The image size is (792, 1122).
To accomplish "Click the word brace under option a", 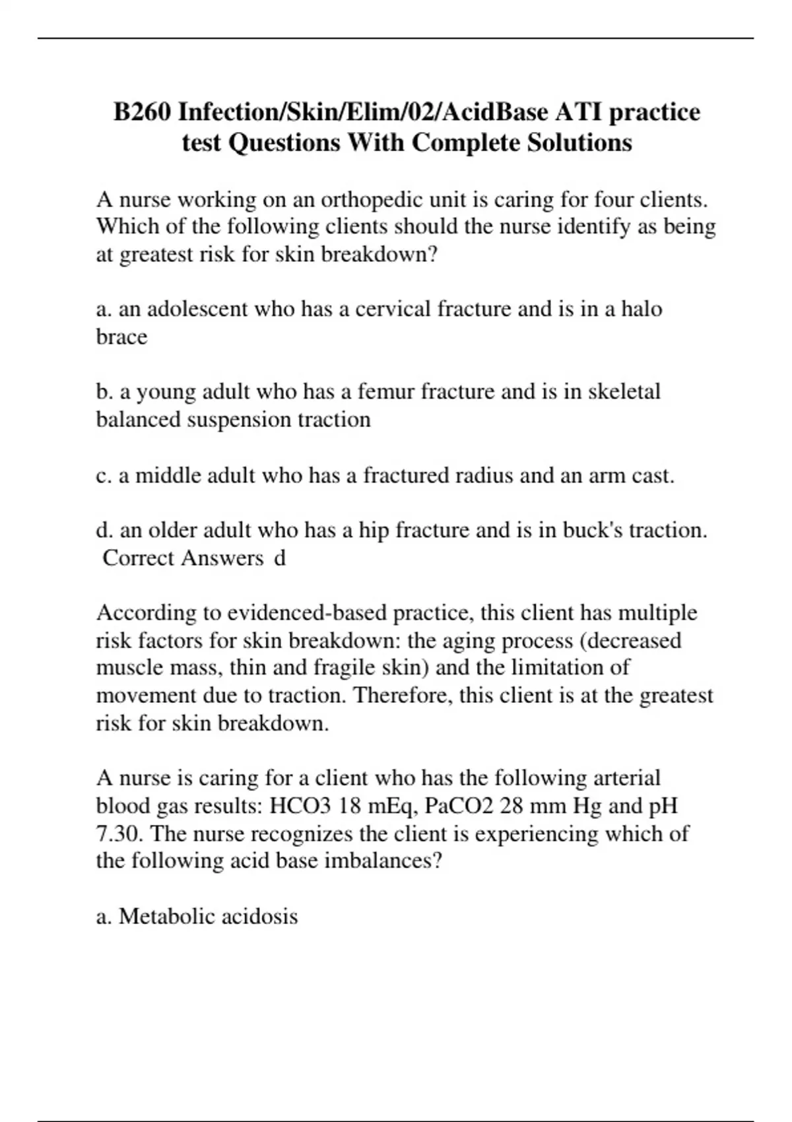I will [x=121, y=337].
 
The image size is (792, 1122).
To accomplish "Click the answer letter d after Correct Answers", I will [x=280, y=558].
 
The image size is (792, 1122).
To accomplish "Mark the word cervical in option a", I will [x=393, y=309].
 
